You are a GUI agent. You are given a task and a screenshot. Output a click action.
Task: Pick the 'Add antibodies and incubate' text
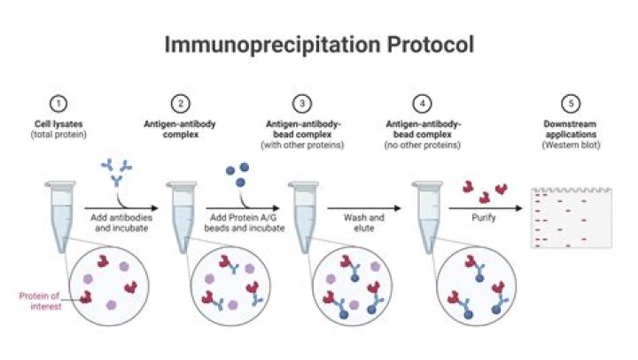116,221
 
